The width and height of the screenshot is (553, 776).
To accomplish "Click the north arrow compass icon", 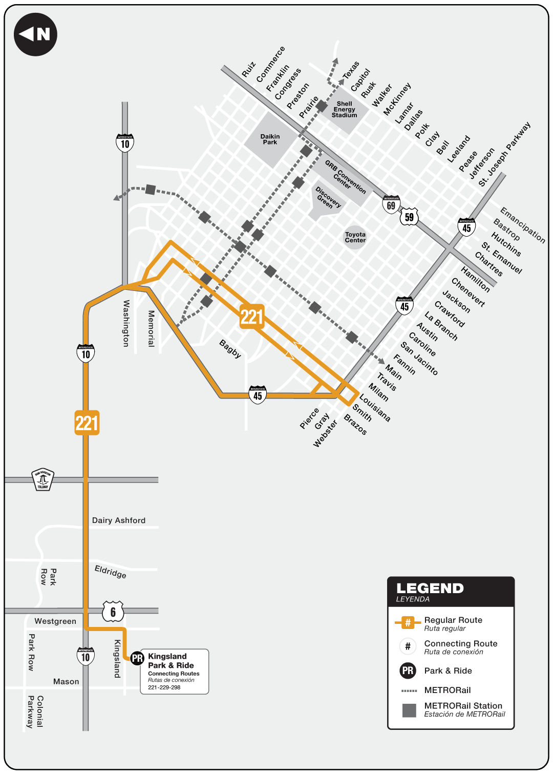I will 35,34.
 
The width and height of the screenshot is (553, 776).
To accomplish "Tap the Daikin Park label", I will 270,139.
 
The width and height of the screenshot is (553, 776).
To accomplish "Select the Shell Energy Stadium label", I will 344,110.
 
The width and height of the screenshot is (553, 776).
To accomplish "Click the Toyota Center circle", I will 355,237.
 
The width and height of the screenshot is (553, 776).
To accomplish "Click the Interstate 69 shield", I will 391,204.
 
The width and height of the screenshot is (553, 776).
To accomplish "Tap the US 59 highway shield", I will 409,217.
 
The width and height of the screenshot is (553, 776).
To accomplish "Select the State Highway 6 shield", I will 113,611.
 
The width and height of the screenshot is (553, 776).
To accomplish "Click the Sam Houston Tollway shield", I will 43,479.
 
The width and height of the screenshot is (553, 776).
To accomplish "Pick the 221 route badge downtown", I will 251,317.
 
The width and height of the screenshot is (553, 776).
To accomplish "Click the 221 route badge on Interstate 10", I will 87,423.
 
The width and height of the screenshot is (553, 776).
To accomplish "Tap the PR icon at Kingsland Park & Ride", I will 137,658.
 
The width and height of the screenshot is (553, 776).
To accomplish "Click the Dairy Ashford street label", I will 119,520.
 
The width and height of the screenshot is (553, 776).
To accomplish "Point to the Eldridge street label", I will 111,571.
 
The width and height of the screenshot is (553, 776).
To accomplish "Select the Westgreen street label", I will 55,621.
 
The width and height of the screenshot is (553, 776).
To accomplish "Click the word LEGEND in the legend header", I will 430,589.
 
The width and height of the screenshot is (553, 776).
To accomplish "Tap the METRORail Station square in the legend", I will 409,710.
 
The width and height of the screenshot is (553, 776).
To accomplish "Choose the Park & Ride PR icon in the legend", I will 408,670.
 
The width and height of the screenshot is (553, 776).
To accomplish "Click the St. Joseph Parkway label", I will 505,154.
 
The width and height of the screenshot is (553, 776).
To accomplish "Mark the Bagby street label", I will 230,349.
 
